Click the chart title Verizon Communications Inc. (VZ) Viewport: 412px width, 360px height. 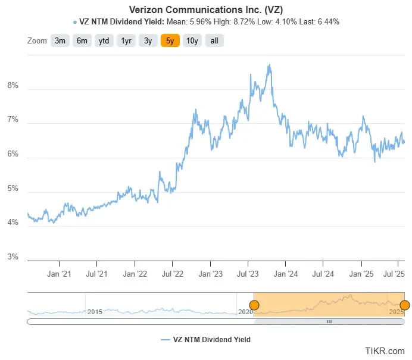206,10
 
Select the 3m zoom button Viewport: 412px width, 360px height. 60,40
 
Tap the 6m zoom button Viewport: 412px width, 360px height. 82,40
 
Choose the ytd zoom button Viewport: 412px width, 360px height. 104,40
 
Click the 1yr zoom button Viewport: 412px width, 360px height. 126,40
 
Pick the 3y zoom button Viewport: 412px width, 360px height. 148,40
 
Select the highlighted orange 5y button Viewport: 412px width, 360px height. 170,40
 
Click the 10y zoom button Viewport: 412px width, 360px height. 192,40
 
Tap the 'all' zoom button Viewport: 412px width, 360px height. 214,40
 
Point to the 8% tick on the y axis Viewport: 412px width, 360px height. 13,86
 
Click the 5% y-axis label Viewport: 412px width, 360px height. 13,189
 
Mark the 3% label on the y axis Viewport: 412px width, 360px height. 13,258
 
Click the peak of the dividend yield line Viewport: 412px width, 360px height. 270,65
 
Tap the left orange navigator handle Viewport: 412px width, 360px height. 254,305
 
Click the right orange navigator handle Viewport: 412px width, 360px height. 404,305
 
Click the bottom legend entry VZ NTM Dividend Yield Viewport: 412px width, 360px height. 206,340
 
